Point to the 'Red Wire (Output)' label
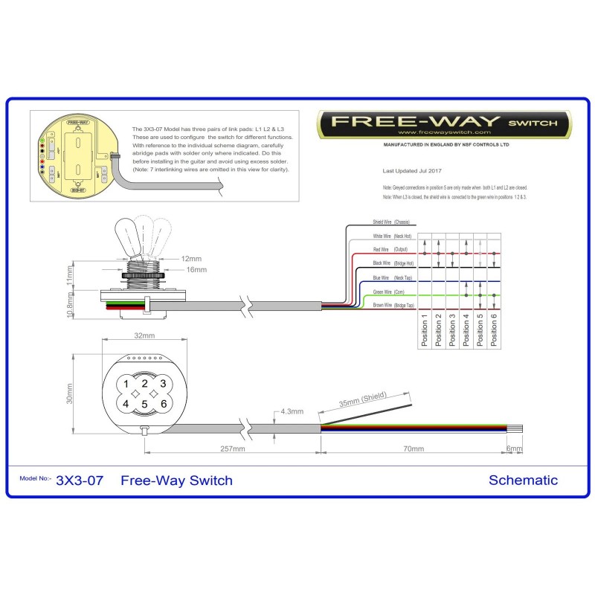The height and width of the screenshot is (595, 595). (391, 249)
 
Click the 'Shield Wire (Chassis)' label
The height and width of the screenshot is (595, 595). (391, 222)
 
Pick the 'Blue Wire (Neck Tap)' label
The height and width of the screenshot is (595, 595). (391, 277)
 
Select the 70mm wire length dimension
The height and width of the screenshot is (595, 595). (413, 449)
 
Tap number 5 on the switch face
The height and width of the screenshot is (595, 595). (145, 404)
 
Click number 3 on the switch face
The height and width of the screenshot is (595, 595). (163, 384)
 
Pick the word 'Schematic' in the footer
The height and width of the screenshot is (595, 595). (523, 480)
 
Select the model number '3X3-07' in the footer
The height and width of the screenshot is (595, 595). (80, 480)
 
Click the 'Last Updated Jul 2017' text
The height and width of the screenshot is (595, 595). (408, 170)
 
